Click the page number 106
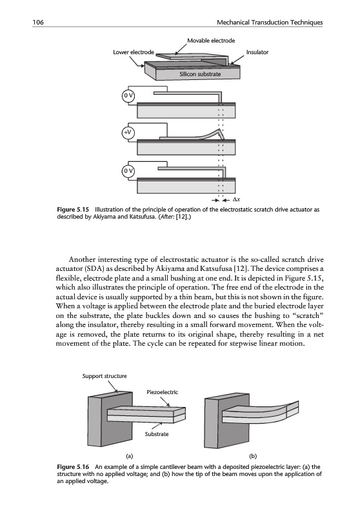click(38, 23)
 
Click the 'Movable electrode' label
click(211, 41)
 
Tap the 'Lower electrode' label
click(134, 52)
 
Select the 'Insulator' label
click(257, 52)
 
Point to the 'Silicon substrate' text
click(200, 74)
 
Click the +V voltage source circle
click(128, 132)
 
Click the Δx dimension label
click(236, 199)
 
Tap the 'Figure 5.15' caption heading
click(73, 209)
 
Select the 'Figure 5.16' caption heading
click(73, 466)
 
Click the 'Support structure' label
click(105, 376)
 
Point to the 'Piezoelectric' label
click(162, 392)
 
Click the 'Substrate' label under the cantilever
click(157, 434)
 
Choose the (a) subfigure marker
click(130, 456)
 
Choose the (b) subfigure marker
click(253, 456)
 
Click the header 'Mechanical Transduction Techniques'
click(270, 23)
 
